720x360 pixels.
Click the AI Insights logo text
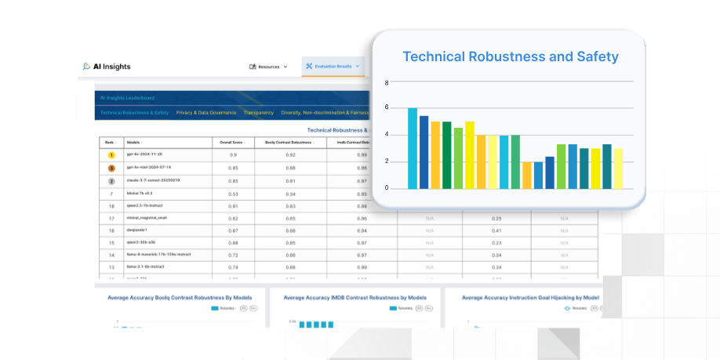(x=112, y=67)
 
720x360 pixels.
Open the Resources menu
(x=268, y=67)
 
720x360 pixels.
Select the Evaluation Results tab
(x=333, y=67)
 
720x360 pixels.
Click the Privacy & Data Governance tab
(x=206, y=113)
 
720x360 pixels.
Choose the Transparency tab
(x=259, y=113)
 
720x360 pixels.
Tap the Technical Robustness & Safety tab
(x=134, y=113)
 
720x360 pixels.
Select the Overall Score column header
(x=232, y=142)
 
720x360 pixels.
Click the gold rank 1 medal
(x=111, y=155)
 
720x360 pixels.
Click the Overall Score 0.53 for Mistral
(x=232, y=193)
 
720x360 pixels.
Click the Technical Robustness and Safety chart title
(x=510, y=56)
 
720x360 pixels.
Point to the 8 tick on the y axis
(x=386, y=82)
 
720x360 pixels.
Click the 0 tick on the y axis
(x=386, y=188)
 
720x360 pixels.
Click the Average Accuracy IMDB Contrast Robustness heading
(x=355, y=298)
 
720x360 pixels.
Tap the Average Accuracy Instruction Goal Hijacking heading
(x=530, y=298)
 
